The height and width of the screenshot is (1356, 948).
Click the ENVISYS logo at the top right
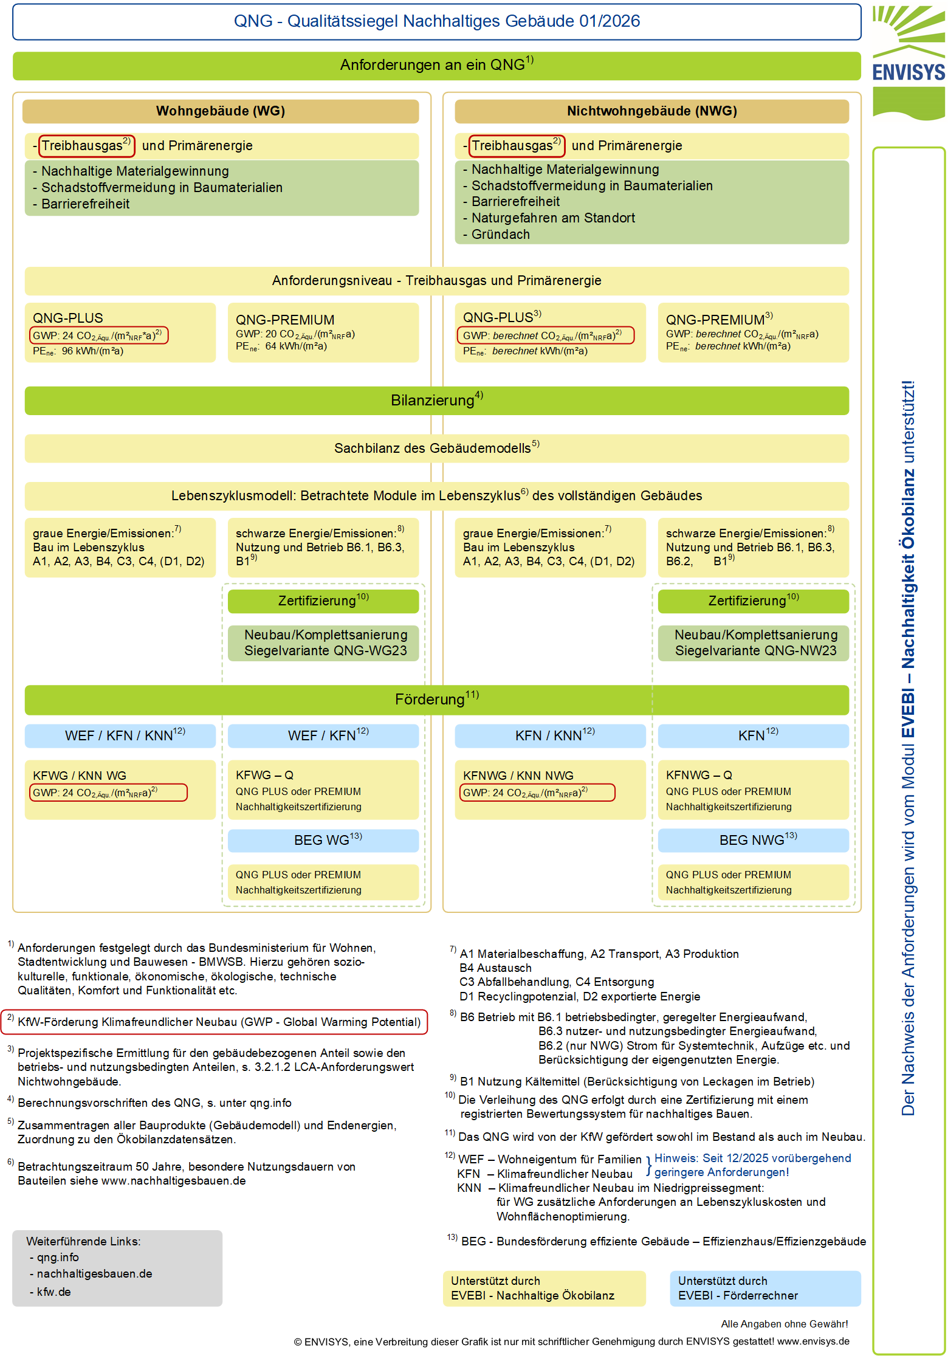point(908,61)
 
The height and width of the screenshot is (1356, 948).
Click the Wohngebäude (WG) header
point(221,111)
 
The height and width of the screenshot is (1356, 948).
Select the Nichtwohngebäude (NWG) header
point(651,111)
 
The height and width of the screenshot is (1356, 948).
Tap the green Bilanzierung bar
point(436,401)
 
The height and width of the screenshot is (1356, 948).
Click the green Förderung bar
point(436,700)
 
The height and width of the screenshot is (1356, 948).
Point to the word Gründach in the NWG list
point(500,235)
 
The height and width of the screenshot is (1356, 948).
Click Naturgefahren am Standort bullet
point(553,218)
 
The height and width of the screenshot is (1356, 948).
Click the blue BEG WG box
point(323,840)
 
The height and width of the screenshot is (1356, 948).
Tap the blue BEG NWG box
point(754,840)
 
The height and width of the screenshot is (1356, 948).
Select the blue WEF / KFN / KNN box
point(120,735)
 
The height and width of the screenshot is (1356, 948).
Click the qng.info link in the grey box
point(58,1257)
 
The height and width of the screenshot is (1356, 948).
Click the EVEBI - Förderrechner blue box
point(764,1289)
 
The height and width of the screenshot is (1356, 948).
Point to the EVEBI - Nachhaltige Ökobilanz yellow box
point(544,1289)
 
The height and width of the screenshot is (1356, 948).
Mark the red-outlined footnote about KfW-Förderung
point(215,1022)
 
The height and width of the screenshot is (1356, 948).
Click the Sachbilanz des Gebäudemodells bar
point(436,449)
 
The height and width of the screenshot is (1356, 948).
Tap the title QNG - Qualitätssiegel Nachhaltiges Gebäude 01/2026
point(436,21)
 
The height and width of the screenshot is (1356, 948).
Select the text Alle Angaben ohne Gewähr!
point(784,1324)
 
